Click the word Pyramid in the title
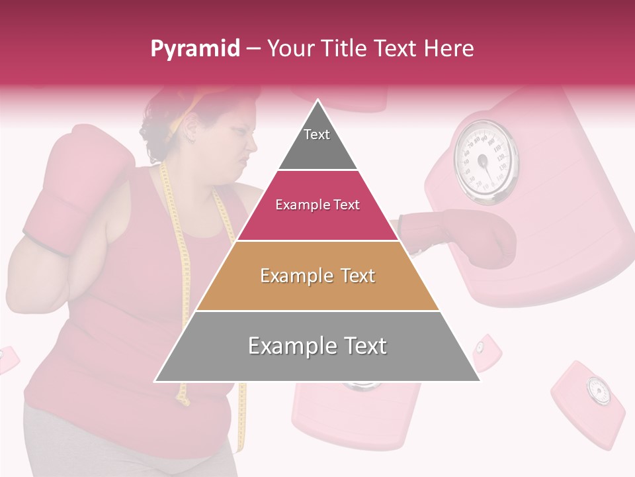[195, 49]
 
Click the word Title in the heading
[344, 48]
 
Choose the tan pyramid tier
[317, 276]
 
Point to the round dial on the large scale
[486, 162]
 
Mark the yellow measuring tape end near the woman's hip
[183, 397]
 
